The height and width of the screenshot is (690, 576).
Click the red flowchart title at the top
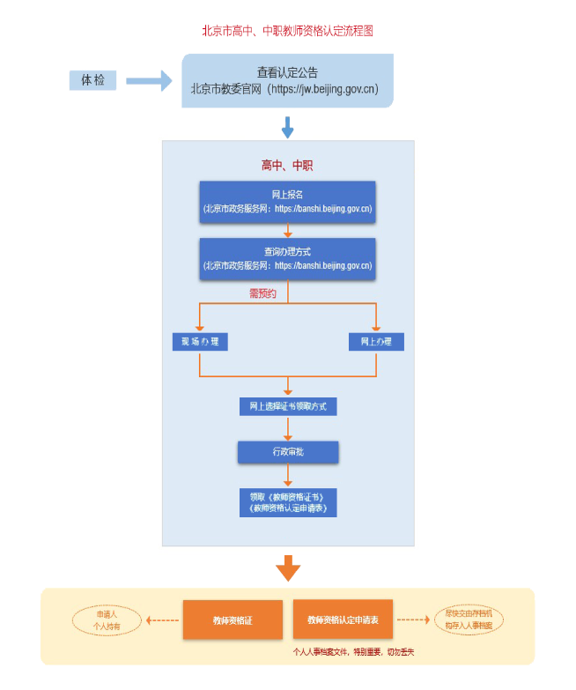point(288,31)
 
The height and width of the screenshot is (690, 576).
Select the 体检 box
point(93,80)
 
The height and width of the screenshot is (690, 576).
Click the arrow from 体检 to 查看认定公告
point(148,81)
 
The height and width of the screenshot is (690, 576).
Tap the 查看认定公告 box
point(287,80)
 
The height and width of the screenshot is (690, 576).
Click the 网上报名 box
point(287,201)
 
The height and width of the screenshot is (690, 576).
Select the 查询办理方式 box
point(287,258)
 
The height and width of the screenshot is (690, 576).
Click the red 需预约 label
point(262,293)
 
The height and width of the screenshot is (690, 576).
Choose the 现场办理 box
point(200,341)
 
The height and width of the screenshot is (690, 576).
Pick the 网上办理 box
point(376,341)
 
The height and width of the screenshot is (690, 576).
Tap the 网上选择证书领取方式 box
point(288,406)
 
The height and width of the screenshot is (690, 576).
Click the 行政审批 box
point(288,452)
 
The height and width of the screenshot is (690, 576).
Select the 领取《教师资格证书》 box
point(288,502)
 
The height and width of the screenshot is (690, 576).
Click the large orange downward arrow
point(288,568)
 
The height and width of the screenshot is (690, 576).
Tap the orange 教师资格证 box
point(233,620)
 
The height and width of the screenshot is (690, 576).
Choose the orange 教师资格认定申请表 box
point(343,620)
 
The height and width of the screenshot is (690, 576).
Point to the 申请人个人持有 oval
point(107,620)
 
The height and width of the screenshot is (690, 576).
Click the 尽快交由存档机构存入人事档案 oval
point(469,620)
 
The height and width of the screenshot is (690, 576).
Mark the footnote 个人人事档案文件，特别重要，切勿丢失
point(353,652)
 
